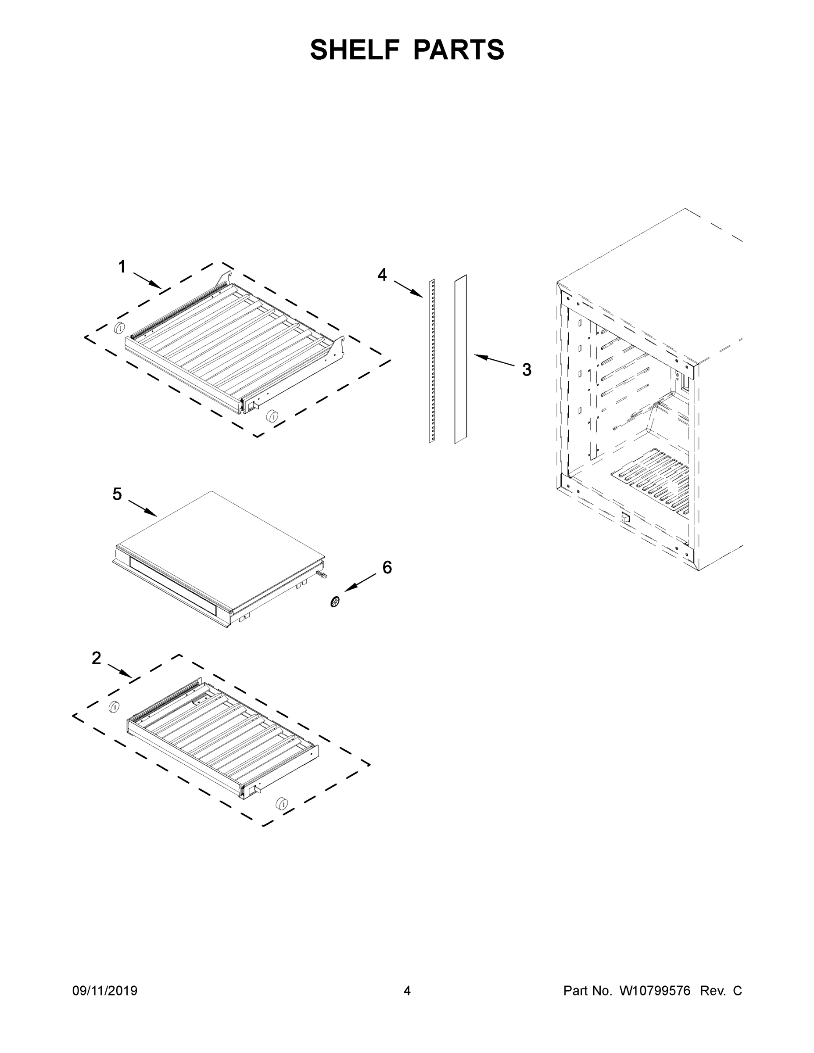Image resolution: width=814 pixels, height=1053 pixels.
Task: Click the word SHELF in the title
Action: click(355, 50)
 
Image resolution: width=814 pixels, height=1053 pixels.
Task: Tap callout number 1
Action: click(122, 267)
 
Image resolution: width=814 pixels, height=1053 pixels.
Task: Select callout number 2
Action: click(97, 658)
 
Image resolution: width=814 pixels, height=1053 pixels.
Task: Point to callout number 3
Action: click(527, 370)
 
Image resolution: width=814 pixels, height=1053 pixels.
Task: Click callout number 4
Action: click(382, 275)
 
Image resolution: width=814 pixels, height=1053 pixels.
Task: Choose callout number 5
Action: click(117, 494)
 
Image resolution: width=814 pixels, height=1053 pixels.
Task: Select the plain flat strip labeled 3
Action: click(460, 359)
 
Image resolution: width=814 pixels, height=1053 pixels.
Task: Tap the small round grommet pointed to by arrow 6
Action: click(335, 601)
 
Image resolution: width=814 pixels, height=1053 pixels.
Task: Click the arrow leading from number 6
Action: click(360, 582)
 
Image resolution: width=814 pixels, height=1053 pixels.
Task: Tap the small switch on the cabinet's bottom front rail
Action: click(625, 518)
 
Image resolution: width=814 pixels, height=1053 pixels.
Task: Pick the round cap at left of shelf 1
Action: click(118, 327)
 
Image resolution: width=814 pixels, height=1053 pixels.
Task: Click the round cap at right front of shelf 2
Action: click(281, 804)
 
